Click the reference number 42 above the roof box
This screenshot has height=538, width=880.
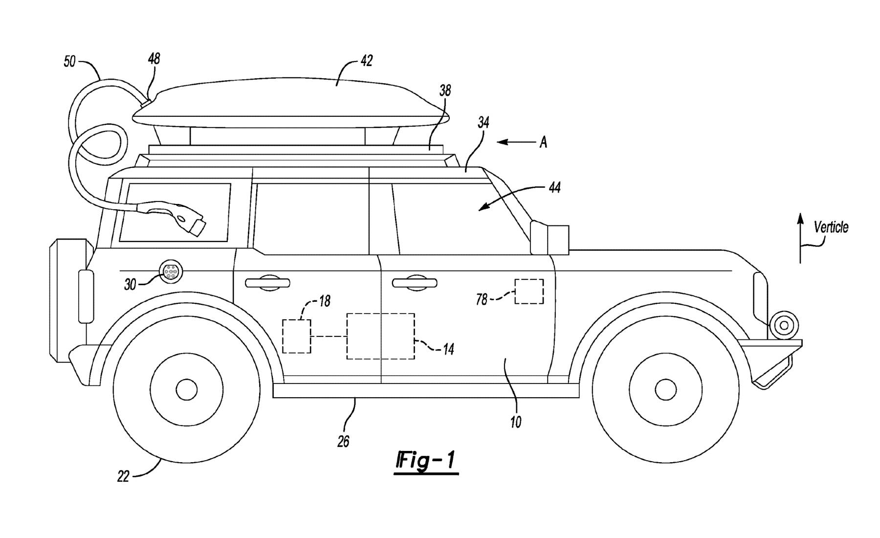[367, 61]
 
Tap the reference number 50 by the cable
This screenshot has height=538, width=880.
[70, 62]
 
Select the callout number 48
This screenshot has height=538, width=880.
[154, 59]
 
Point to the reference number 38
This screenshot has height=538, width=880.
[445, 90]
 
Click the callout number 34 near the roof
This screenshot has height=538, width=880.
[484, 122]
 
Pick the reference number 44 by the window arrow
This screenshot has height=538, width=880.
[554, 187]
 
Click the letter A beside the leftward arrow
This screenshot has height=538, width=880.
[543, 142]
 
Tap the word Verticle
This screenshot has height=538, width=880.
[831, 227]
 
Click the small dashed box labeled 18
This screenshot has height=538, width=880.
[297, 336]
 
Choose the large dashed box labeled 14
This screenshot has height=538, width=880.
[380, 336]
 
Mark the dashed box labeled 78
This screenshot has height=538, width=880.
[529, 291]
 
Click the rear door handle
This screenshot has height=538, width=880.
[267, 283]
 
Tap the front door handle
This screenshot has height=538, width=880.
[414, 282]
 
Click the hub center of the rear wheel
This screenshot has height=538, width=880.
[186, 389]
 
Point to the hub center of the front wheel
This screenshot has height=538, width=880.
[665, 389]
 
